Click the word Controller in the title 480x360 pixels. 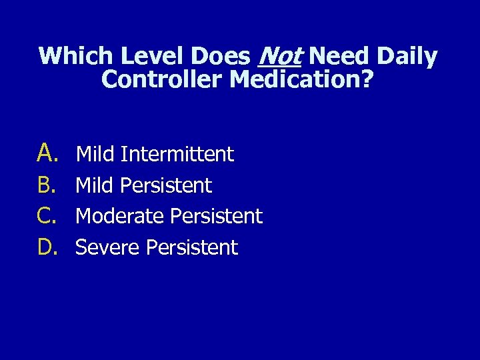tap(162, 80)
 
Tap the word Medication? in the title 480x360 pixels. tap(301, 80)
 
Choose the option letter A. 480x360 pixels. tap(49, 153)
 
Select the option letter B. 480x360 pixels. tap(49, 185)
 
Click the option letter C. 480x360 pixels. tap(49, 216)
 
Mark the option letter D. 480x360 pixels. tap(49, 247)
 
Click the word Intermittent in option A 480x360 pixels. tap(177, 154)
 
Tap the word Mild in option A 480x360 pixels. tap(95, 154)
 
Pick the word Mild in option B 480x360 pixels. tap(95, 185)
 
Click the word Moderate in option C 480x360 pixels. tap(120, 216)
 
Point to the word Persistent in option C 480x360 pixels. tap(217, 216)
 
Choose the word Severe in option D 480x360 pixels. tap(107, 247)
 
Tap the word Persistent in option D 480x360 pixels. tap(192, 247)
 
